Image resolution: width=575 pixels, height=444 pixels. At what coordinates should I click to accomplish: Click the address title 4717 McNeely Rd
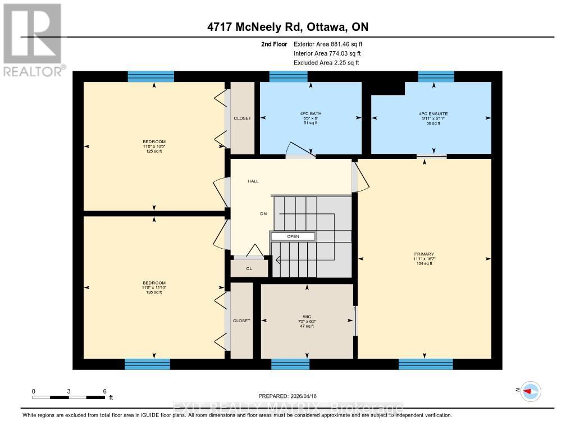pyautogui.click(x=287, y=27)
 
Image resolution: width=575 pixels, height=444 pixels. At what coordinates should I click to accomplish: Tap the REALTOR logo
pyautogui.click(x=33, y=39)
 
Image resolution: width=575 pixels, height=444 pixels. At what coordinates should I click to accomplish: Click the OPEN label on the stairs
pyautogui.click(x=293, y=236)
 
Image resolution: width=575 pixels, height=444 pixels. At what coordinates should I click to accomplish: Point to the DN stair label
pyautogui.click(x=263, y=214)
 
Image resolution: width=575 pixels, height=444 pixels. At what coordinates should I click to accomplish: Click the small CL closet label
pyautogui.click(x=249, y=269)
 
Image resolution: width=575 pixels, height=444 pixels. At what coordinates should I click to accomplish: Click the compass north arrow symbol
pyautogui.click(x=530, y=391)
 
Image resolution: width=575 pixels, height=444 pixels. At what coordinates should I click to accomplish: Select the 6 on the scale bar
pyautogui.click(x=104, y=391)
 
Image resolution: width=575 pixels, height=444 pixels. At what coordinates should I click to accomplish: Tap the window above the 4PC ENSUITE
pyautogui.click(x=436, y=77)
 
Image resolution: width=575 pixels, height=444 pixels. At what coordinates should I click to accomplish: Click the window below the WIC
pyautogui.click(x=290, y=364)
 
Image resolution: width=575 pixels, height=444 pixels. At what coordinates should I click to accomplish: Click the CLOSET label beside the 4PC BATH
pyautogui.click(x=243, y=118)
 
